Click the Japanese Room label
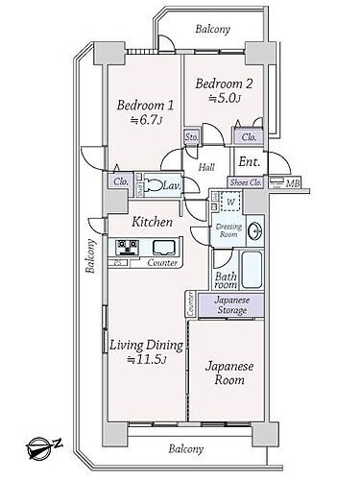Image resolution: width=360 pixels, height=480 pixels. click(229, 372)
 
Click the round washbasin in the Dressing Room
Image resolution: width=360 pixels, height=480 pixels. click(255, 231)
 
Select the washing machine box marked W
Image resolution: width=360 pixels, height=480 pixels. click(228, 202)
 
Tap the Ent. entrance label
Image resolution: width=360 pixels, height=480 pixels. click(249, 161)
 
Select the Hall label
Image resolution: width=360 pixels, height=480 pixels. click(206, 167)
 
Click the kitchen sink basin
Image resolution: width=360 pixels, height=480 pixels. click(163, 248)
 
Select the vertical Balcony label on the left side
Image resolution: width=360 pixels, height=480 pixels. click(88, 255)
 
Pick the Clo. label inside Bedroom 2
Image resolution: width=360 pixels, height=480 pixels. click(249, 137)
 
